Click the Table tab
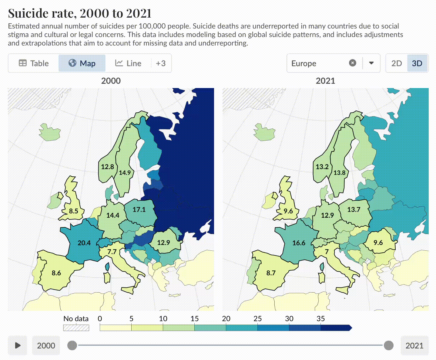coord(34,63)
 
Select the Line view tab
coord(128,63)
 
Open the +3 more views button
coord(161,63)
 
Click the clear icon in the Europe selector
coord(352,63)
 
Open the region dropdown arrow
coord(371,63)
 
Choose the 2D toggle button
coord(396,63)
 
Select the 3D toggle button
coord(417,63)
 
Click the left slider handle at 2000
coord(72,345)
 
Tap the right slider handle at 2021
coord(388,345)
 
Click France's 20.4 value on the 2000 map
coord(84,243)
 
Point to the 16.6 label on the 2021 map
coord(299,243)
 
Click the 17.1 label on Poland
coord(139,209)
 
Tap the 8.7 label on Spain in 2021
coord(271,273)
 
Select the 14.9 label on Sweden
coord(125,173)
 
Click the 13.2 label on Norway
coord(322,167)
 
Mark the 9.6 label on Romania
coord(378,243)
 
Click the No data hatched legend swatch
coord(76,328)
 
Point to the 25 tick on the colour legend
coord(257,319)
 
